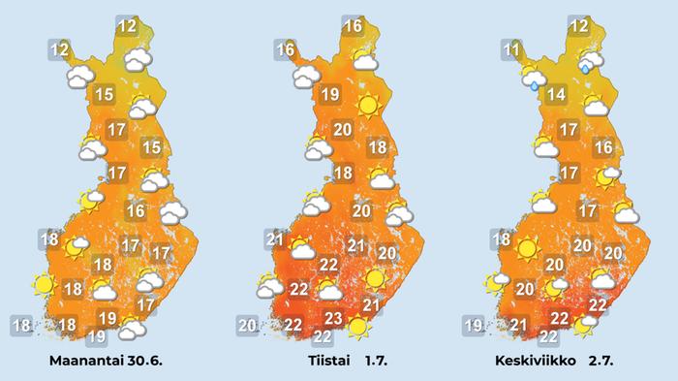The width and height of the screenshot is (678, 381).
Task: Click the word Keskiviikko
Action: tap(538, 361)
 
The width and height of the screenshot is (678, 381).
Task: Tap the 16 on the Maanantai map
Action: tap(137, 210)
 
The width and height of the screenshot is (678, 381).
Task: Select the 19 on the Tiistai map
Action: tap(328, 95)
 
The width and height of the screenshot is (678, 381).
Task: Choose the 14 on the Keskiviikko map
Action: tap(555, 95)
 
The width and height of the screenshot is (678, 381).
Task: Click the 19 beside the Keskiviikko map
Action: tap(473, 325)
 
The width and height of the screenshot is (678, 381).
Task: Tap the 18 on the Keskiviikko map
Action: tap(501, 239)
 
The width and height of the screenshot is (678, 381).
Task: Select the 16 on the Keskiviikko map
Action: tap(602, 147)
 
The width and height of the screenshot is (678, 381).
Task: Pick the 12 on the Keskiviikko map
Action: tap(579, 27)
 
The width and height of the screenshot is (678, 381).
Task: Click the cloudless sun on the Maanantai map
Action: tap(43, 285)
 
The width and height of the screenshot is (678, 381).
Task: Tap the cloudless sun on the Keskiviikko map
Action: tap(527, 249)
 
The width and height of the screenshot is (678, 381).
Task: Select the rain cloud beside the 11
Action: tap(533, 77)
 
